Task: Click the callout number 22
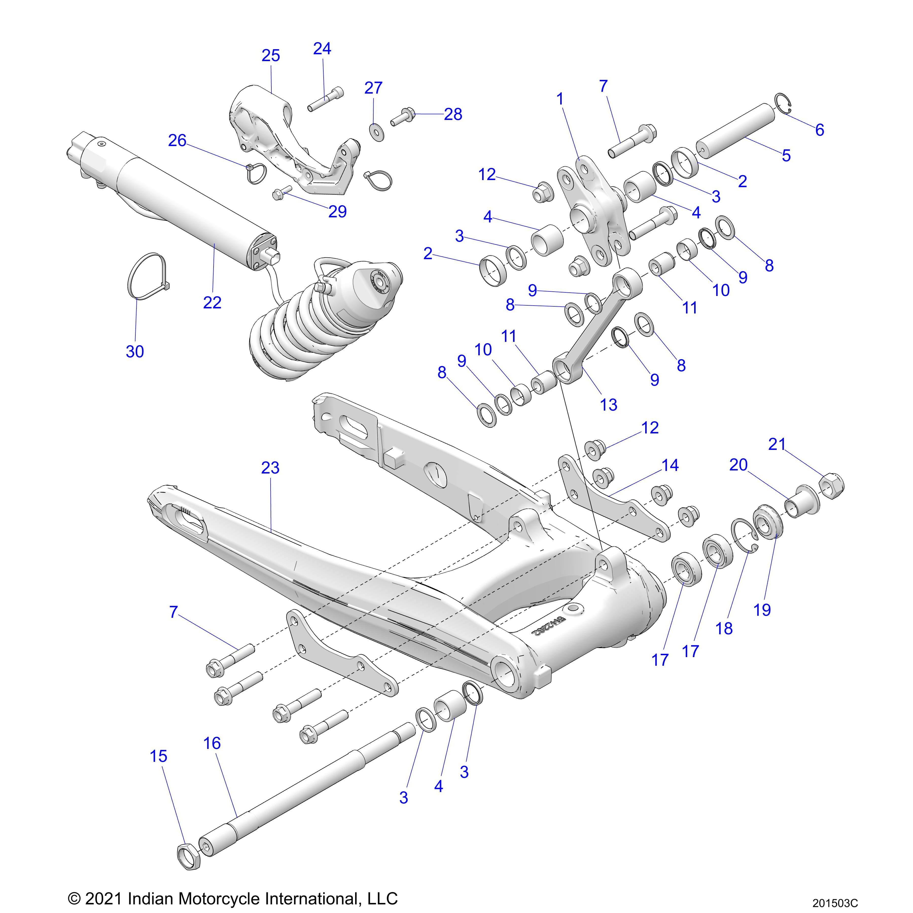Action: coord(212,303)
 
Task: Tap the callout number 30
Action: coord(135,352)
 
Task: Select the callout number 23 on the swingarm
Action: coord(270,468)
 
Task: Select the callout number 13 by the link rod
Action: coord(609,405)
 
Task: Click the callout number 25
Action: coord(271,56)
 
